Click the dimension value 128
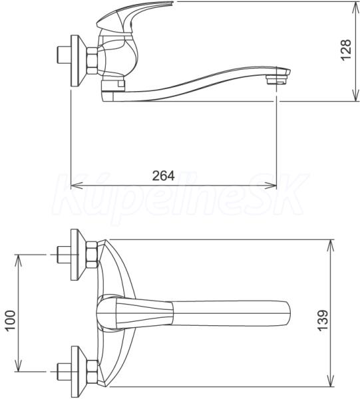pyautogui.click(x=346, y=50)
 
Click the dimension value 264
pyautogui.click(x=164, y=176)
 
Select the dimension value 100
pyautogui.click(x=11, y=320)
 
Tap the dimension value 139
pyautogui.click(x=323, y=320)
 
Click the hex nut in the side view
pyautogui.click(x=92, y=61)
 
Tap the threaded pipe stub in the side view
pyautogui.click(x=63, y=55)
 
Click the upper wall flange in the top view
pyautogui.click(x=78, y=255)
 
